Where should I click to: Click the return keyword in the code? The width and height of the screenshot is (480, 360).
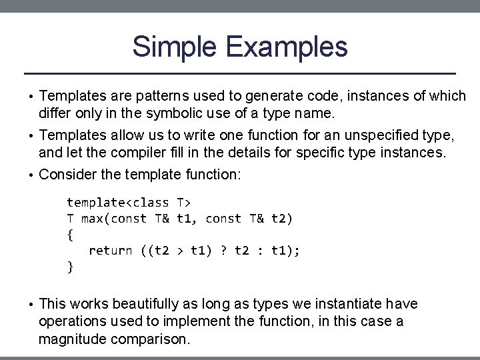coord(110,251)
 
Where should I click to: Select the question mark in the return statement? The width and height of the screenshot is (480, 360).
coord(224,251)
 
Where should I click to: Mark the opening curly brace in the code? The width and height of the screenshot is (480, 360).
coord(70,234)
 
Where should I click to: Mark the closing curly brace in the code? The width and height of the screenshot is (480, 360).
coord(70,267)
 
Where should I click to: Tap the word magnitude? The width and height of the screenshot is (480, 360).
coord(70,339)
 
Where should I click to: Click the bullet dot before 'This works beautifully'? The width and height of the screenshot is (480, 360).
coord(31,305)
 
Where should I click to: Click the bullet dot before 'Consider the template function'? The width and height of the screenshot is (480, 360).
coord(31,175)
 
